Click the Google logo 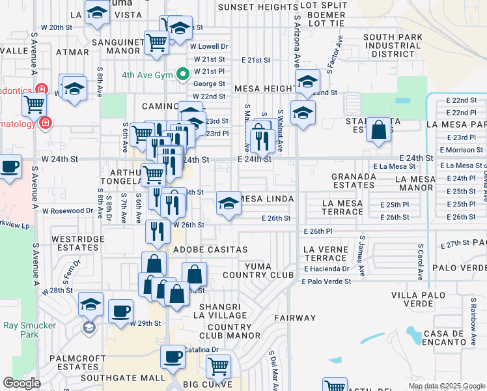click(x=22, y=383)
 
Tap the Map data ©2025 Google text click(x=447, y=386)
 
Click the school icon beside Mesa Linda click(x=229, y=204)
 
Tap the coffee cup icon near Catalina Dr click(x=173, y=356)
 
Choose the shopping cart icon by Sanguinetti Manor click(x=157, y=43)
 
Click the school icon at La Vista click(x=98, y=14)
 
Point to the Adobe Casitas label click(x=219, y=250)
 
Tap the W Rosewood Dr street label click(x=68, y=211)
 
